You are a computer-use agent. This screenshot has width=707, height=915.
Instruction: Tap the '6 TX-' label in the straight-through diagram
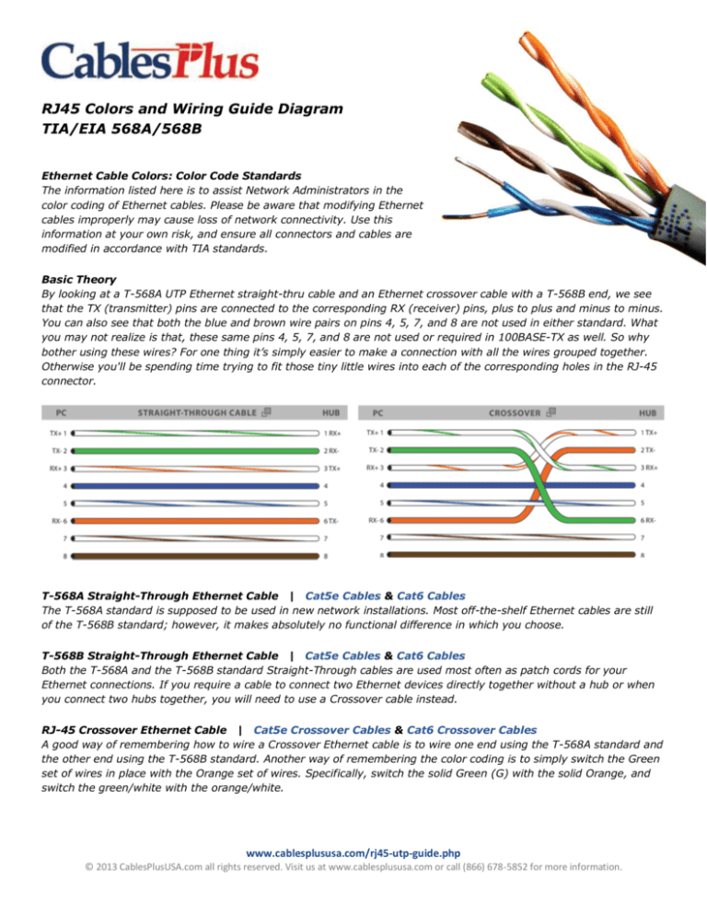click(334, 521)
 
